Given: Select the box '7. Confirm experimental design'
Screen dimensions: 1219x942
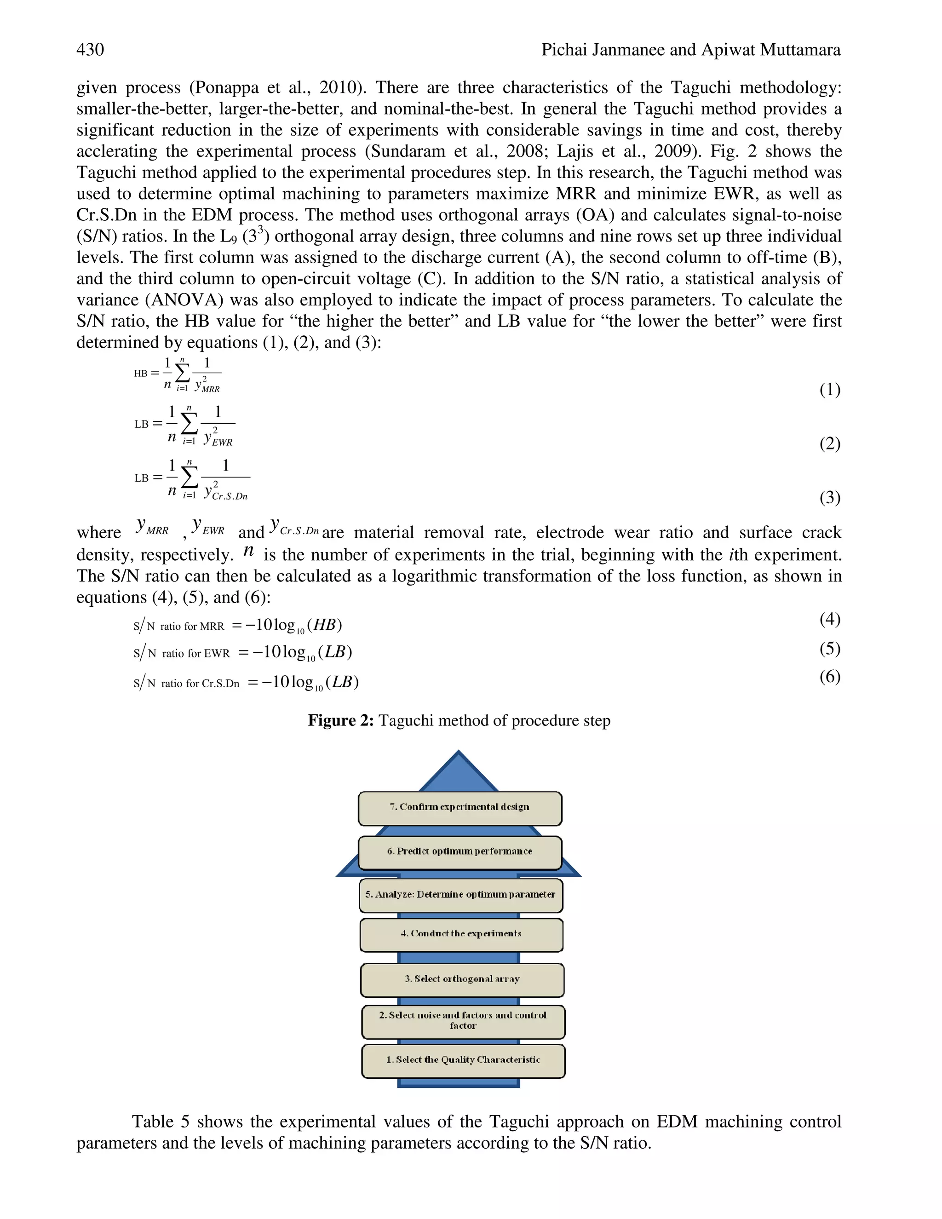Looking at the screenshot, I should point(460,808).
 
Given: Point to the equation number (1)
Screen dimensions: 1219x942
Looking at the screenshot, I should point(830,389).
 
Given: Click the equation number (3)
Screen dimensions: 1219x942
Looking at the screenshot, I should point(830,497).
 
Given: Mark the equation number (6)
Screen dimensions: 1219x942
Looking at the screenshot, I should point(830,677).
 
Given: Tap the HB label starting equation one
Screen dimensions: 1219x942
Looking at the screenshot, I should point(141,374).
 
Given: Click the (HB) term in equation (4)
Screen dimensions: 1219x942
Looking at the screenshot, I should point(324,625).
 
